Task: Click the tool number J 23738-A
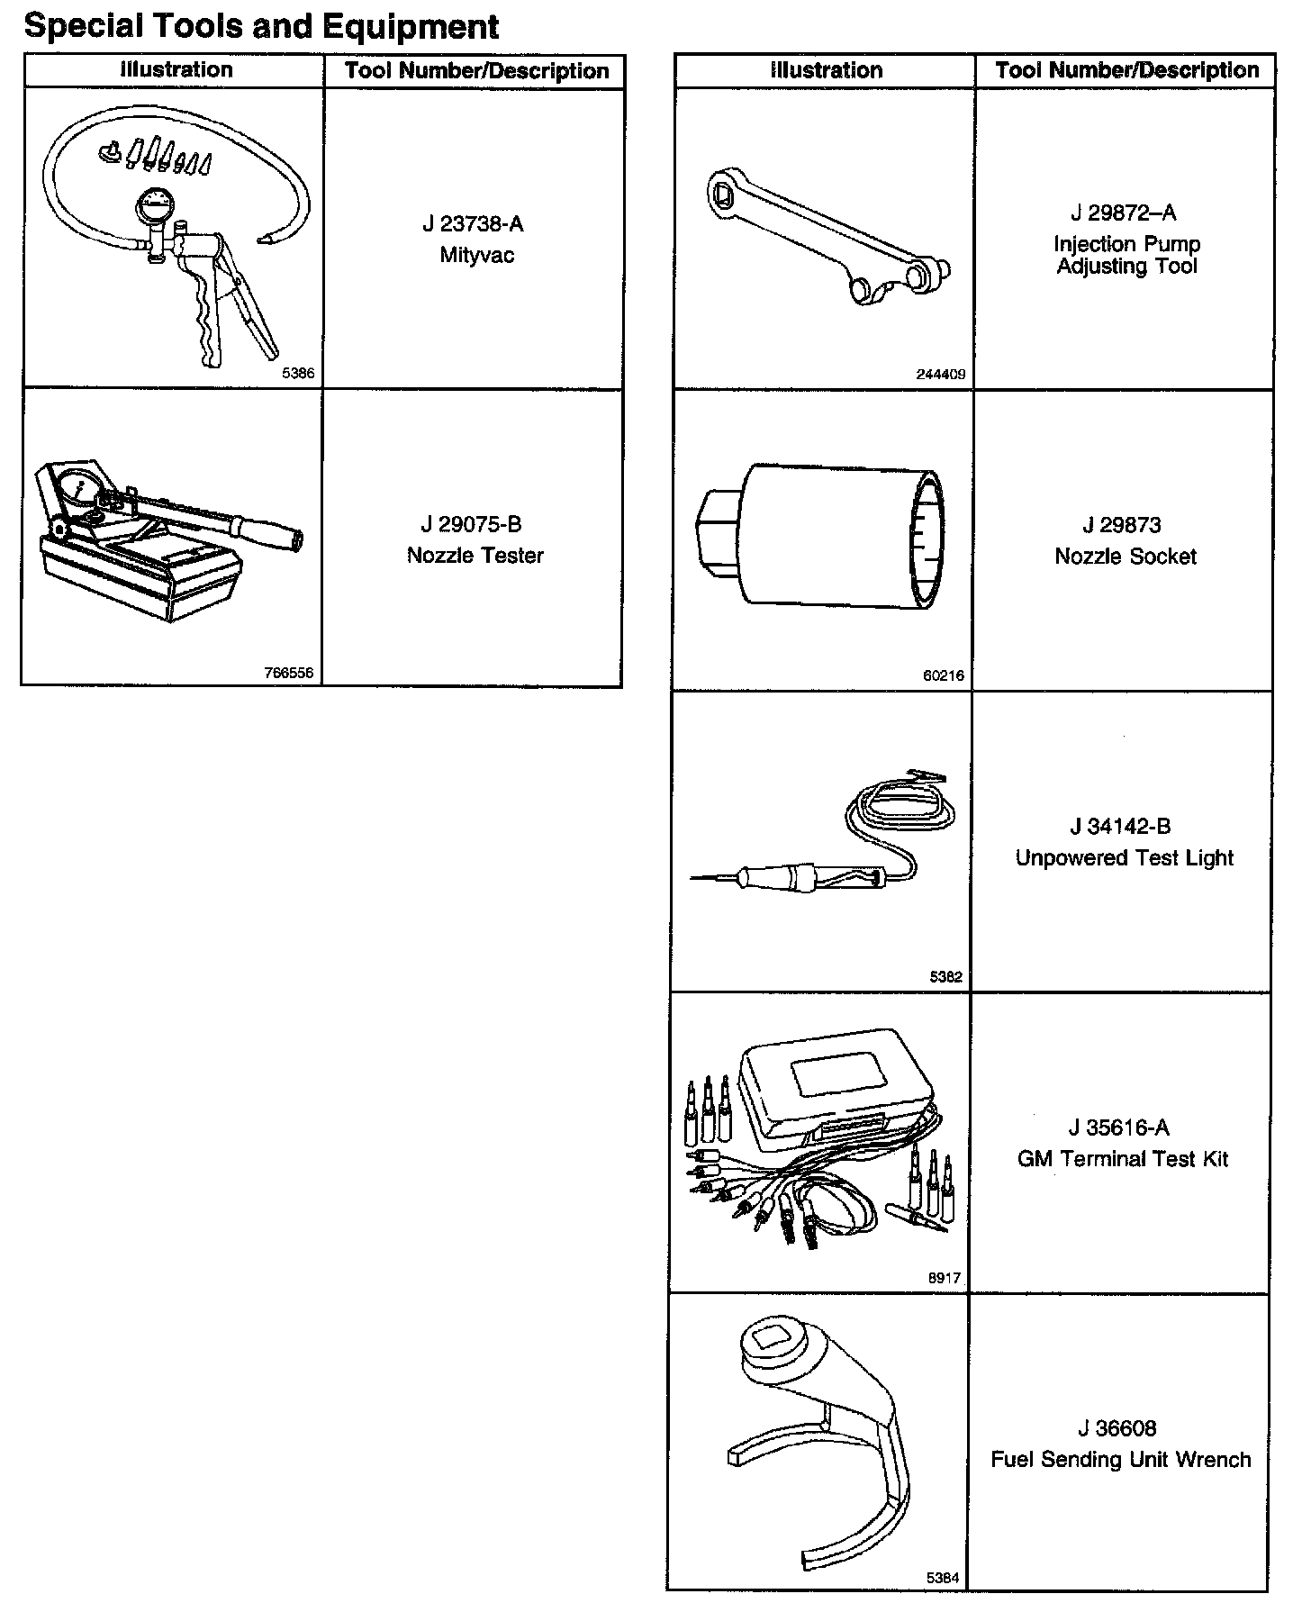pos(473,224)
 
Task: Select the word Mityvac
pos(476,255)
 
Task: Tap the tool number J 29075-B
pos(471,524)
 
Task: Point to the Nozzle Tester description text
pos(475,556)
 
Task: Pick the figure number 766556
pos(288,673)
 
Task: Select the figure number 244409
pos(940,375)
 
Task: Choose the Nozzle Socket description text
pos(1125,557)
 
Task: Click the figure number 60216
pos(943,675)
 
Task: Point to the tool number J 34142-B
pos(1120,827)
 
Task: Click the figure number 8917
pos(945,1278)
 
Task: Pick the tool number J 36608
pos(1117,1428)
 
